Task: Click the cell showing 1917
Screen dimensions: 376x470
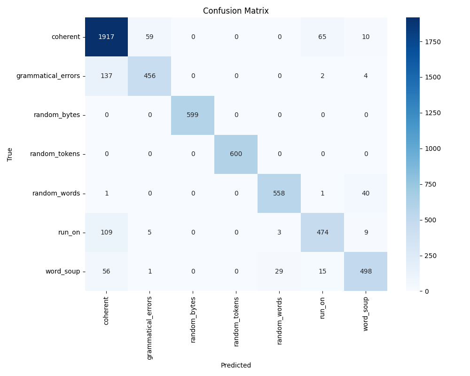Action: click(x=107, y=37)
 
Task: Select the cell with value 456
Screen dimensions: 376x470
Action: click(x=149, y=76)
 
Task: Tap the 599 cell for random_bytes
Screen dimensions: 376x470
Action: click(x=193, y=115)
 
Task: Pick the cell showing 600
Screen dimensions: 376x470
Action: click(x=236, y=154)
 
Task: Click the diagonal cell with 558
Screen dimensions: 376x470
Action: click(x=279, y=193)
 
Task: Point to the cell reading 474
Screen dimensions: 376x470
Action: click(x=322, y=232)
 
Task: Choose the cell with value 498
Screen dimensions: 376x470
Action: click(x=366, y=271)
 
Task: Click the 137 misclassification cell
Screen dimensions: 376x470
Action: click(x=107, y=76)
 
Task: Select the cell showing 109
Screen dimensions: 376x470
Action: click(x=107, y=232)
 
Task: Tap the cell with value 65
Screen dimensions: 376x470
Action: click(x=322, y=37)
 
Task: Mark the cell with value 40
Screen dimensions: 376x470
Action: click(x=366, y=193)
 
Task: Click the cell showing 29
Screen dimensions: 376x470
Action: click(x=279, y=271)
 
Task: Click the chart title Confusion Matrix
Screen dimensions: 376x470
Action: click(x=236, y=11)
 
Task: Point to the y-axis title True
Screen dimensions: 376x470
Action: click(x=10, y=154)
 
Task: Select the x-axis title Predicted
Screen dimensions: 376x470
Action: click(x=236, y=365)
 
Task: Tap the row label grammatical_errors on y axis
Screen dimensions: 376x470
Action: click(x=48, y=76)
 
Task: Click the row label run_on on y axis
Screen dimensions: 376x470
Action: click(x=69, y=232)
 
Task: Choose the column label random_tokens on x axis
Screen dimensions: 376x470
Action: click(x=236, y=321)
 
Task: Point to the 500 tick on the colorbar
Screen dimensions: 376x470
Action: click(x=430, y=220)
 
